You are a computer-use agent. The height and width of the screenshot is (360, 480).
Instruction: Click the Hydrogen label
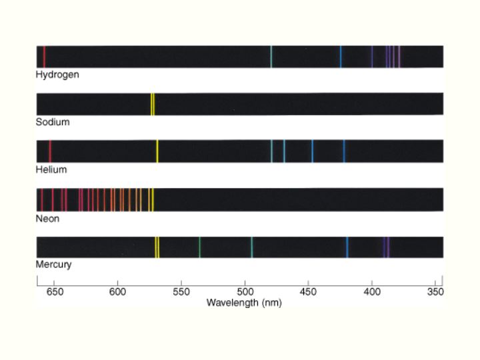(x=57, y=75)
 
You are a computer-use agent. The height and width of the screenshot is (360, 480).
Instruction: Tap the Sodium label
(x=53, y=122)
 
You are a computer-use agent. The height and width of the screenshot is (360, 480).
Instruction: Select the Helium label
(x=51, y=169)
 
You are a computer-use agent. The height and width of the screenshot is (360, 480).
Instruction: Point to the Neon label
(x=47, y=218)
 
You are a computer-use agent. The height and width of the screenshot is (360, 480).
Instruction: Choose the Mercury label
(x=53, y=265)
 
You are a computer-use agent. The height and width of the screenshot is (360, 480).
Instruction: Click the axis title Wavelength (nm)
(x=244, y=303)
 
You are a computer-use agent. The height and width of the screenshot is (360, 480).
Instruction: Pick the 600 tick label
(x=117, y=292)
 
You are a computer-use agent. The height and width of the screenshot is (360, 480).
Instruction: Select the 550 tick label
(x=181, y=292)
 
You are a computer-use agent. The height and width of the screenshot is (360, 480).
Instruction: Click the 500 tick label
(x=245, y=292)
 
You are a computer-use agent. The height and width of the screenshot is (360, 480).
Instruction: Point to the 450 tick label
(x=308, y=292)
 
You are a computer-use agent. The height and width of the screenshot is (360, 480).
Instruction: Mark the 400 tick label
(x=372, y=292)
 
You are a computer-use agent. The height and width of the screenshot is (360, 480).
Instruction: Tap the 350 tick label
(x=435, y=292)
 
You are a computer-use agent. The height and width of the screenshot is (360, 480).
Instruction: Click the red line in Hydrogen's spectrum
(x=44, y=57)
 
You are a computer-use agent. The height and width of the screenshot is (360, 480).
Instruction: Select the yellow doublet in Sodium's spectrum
(x=153, y=104)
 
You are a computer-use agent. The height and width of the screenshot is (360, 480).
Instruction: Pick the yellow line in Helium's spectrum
(x=157, y=151)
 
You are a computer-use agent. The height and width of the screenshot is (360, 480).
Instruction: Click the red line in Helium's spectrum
(x=50, y=151)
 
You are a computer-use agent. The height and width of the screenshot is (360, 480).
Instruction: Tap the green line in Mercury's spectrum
(x=199, y=247)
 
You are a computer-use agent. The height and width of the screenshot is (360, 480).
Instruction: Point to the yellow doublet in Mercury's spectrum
(x=157, y=247)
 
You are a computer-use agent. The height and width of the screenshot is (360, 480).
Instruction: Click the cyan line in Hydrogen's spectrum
(x=271, y=57)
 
